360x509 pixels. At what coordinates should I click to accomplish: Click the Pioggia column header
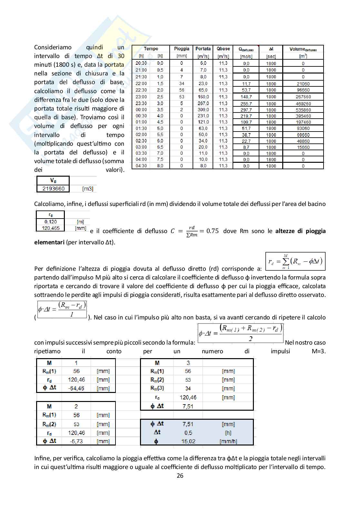tap(181, 49)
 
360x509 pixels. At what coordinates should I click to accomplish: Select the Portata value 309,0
tap(203, 110)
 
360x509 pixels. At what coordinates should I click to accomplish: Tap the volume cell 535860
tap(303, 110)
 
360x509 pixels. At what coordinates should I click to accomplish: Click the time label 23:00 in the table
tap(141, 97)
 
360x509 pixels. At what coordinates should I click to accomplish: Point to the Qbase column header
tap(223, 49)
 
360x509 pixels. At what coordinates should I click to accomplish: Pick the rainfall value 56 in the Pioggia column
tap(182, 90)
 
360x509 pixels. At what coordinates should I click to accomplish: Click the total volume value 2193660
tap(53, 189)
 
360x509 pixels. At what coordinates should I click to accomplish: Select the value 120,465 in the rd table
tap(50, 228)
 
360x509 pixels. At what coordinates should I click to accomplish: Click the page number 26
tap(180, 476)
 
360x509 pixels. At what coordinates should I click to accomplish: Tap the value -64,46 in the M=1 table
tap(76, 388)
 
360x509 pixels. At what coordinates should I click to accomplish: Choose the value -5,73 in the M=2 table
tap(76, 441)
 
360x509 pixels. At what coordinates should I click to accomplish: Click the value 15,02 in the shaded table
tap(188, 441)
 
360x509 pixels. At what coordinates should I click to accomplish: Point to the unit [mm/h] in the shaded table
tap(228, 441)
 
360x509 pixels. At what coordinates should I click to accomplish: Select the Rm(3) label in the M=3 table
tap(157, 388)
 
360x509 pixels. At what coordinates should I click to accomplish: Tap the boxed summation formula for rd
tap(295, 261)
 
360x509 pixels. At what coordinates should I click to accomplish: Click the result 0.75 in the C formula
tap(212, 231)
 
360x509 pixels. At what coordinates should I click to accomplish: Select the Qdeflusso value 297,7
tap(246, 110)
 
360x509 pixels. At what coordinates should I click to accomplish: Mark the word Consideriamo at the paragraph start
tap(53, 47)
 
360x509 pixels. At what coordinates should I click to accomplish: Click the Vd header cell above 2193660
tap(53, 181)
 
